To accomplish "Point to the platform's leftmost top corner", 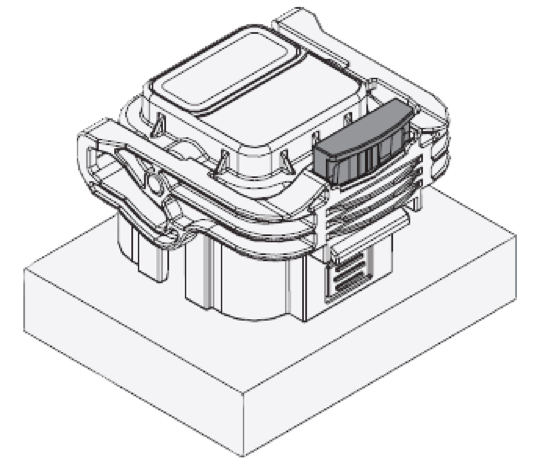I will tap(24, 269).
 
